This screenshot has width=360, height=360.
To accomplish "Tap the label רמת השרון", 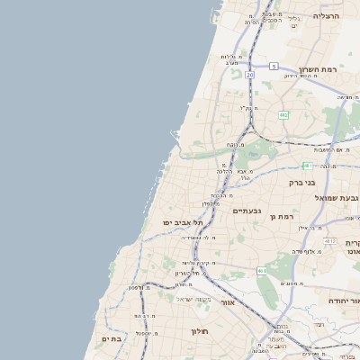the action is tap(318, 69).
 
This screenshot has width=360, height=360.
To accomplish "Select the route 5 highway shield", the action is tap(274, 66).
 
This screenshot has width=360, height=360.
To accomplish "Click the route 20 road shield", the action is tap(249, 75).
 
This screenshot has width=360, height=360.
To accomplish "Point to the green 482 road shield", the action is tap(283, 115).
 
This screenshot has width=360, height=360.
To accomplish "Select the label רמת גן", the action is tap(283, 217).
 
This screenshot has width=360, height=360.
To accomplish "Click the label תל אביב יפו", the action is tap(180, 222).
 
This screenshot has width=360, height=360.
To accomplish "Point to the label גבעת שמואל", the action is tap(337, 197).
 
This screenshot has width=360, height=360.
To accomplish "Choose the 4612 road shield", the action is tap(329, 241).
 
